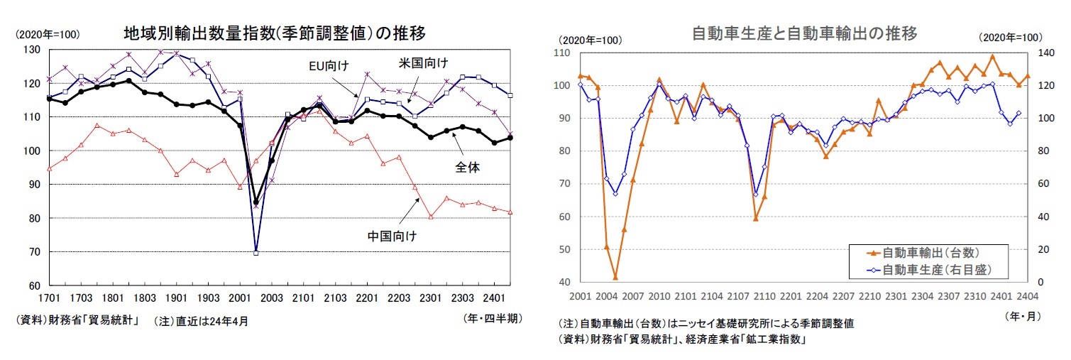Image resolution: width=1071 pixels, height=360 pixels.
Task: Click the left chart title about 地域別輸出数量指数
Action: pyautogui.click(x=274, y=33)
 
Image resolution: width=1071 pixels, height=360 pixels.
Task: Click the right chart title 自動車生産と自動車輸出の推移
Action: pyautogui.click(x=804, y=33)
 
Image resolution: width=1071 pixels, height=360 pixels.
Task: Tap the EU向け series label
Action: pyautogui.click(x=328, y=66)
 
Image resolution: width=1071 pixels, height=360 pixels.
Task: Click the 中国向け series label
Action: pyautogui.click(x=392, y=235)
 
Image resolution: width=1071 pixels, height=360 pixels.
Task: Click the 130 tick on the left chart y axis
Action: pyautogui.click(x=31, y=50)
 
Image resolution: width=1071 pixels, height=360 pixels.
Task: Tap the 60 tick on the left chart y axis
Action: pyautogui.click(x=33, y=285)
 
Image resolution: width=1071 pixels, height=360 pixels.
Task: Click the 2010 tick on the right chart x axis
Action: pyautogui.click(x=659, y=295)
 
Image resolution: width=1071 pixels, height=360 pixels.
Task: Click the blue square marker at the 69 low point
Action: pyautogui.click(x=256, y=253)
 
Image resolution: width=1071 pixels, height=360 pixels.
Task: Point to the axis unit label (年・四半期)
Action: pyautogui.click(x=492, y=319)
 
